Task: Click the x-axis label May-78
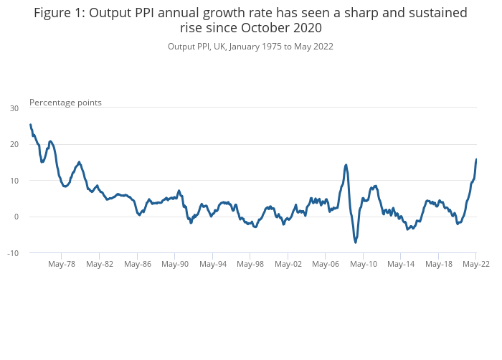tap(62, 264)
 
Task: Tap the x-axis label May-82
tap(100, 264)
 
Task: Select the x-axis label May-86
tap(137, 264)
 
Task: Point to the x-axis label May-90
tap(175, 264)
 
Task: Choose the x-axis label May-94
tap(212, 264)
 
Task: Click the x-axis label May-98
tap(250, 264)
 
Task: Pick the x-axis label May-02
tap(288, 264)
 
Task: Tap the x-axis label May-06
tap(326, 264)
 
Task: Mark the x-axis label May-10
tap(363, 264)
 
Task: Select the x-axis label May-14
tap(401, 264)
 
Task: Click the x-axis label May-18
tap(438, 264)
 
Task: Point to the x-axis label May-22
tap(475, 264)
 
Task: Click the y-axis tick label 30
tap(14, 108)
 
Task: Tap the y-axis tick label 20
tap(14, 144)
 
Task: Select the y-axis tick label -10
tap(13, 253)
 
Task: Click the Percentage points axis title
tap(65, 103)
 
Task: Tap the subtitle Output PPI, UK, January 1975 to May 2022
tap(250, 47)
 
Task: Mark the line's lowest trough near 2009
tap(355, 242)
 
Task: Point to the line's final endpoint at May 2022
tap(476, 159)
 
